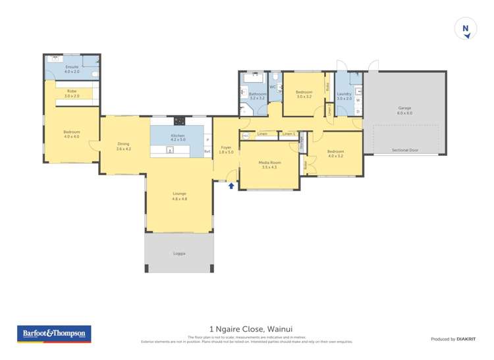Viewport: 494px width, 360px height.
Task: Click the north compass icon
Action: pyautogui.click(x=466, y=29)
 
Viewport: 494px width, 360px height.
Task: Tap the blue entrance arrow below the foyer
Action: pyautogui.click(x=231, y=186)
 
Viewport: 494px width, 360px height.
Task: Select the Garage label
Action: pyautogui.click(x=404, y=110)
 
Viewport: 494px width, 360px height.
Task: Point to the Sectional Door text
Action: pyautogui.click(x=404, y=150)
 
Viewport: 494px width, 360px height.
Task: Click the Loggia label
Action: pyautogui.click(x=179, y=253)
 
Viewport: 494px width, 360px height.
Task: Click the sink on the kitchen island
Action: pyautogui.click(x=170, y=150)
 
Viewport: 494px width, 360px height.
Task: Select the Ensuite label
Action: pyautogui.click(x=72, y=68)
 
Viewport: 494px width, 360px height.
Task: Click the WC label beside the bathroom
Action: pyautogui.click(x=273, y=87)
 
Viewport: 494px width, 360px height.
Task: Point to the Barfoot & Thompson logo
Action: pyautogui.click(x=53, y=334)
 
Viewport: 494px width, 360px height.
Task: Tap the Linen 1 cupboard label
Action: pyautogui.click(x=288, y=134)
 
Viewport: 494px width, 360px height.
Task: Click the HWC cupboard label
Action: pyautogui.click(x=246, y=136)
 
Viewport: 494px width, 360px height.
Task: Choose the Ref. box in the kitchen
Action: pyautogui.click(x=207, y=151)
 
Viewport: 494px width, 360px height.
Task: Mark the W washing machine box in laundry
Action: pyautogui.click(x=358, y=100)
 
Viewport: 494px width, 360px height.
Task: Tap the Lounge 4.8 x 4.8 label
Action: pyautogui.click(x=179, y=195)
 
